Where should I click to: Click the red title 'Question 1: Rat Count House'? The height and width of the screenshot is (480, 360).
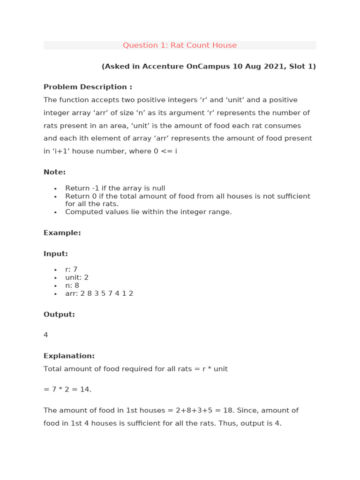[180, 45]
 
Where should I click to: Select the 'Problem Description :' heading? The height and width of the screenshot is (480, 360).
[88, 87]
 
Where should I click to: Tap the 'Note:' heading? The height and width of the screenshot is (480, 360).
[54, 172]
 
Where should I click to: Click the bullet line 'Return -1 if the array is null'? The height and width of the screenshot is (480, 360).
[115, 188]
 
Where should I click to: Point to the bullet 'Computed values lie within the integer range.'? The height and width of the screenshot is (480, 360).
[148, 212]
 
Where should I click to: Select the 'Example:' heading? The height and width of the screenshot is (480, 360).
[62, 233]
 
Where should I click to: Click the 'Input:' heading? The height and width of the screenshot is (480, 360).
[55, 254]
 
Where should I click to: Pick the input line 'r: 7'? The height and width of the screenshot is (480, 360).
[71, 270]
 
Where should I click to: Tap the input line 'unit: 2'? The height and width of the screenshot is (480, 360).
[77, 277]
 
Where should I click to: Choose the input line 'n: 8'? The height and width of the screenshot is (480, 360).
[72, 285]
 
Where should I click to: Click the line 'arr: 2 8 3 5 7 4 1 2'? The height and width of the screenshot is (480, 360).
[99, 293]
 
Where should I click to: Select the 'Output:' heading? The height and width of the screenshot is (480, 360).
[59, 315]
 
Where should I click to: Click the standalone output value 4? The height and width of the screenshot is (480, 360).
[45, 335]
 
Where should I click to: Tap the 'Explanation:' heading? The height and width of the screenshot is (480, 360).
[69, 356]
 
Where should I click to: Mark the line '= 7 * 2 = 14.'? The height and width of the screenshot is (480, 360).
[67, 390]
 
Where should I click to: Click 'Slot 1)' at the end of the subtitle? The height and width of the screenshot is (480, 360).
[302, 67]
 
